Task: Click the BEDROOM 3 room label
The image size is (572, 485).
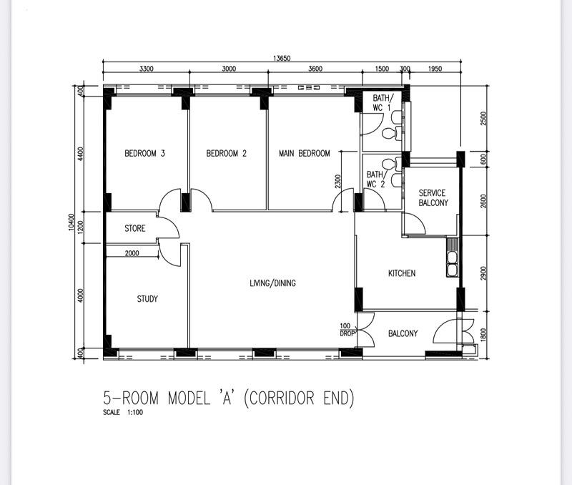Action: coord(145,153)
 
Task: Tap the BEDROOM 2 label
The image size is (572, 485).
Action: coord(227,153)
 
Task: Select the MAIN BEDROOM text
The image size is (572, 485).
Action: coord(305,153)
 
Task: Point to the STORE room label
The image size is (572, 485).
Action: coord(135,229)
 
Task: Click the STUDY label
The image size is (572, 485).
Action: coord(147,299)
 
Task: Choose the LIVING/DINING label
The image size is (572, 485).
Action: coord(272,283)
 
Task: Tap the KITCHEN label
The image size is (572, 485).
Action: coord(402,273)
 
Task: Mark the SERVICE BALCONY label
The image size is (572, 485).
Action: coord(433,198)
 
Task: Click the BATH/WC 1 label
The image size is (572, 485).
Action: coord(381,103)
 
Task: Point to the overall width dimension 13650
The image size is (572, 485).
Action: coord(281,59)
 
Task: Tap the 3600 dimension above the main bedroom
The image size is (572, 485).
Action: coord(315,69)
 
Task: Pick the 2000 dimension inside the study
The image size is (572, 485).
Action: coord(132,253)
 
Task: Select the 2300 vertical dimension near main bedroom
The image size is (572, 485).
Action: coord(338,182)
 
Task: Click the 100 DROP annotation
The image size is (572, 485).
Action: coord(347,330)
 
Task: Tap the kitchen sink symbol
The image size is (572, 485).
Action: coord(452,261)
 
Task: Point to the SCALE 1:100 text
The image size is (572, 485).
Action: coord(123,413)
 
